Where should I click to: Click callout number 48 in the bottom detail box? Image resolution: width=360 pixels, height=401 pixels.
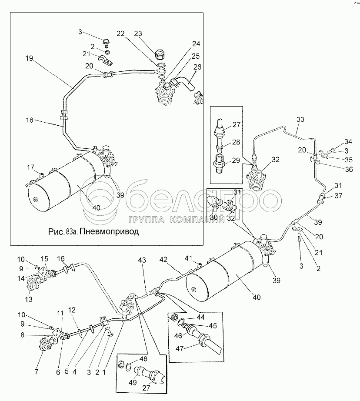(x=143, y=359)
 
